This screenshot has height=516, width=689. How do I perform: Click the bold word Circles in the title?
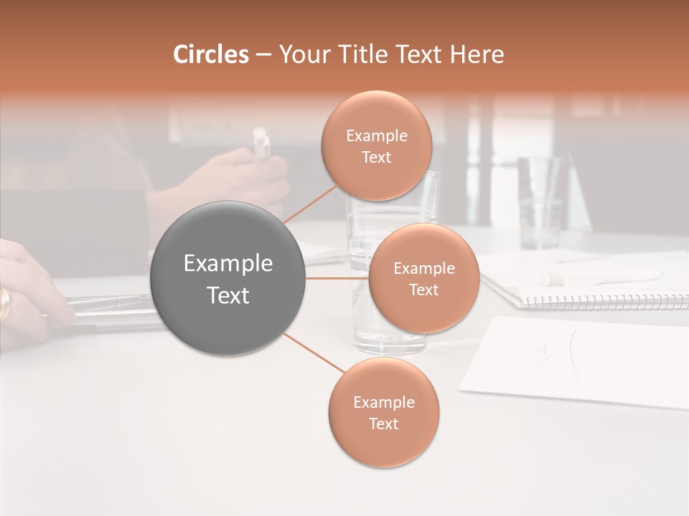click(x=210, y=54)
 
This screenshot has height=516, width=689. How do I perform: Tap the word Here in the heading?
click(x=477, y=54)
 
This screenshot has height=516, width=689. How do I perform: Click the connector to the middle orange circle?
click(x=337, y=278)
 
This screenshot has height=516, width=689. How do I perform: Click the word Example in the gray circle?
click(x=228, y=264)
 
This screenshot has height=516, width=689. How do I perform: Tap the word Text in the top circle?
click(x=376, y=158)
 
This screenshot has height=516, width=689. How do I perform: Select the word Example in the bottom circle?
click(x=383, y=403)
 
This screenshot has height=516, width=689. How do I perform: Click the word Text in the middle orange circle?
click(x=423, y=290)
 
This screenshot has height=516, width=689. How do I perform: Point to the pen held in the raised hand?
click(x=261, y=143)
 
